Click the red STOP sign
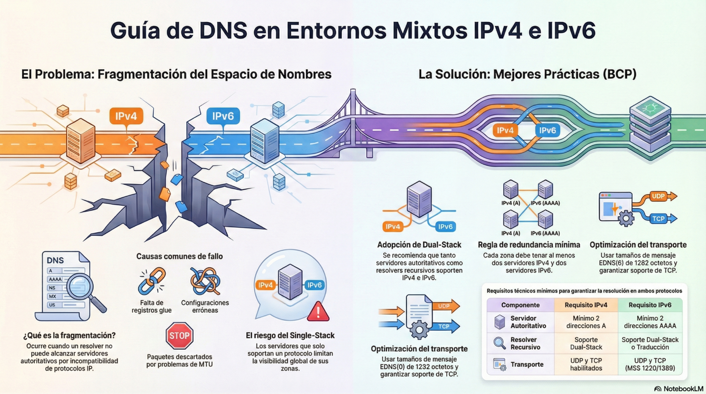(x=179, y=336)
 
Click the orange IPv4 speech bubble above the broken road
(x=126, y=116)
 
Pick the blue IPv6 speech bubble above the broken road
(x=223, y=116)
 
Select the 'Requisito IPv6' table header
(x=650, y=305)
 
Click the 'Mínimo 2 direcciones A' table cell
(x=586, y=322)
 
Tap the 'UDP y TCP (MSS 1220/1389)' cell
(x=650, y=364)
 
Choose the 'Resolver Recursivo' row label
(x=525, y=343)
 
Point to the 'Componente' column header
(x=520, y=305)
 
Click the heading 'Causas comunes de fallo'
(x=180, y=256)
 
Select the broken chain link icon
(x=152, y=281)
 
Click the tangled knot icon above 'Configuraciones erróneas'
(x=205, y=281)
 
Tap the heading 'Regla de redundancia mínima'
(x=529, y=245)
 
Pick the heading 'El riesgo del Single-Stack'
(x=290, y=335)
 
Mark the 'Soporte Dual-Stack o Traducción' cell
(x=650, y=343)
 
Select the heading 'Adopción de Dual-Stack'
(x=419, y=245)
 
